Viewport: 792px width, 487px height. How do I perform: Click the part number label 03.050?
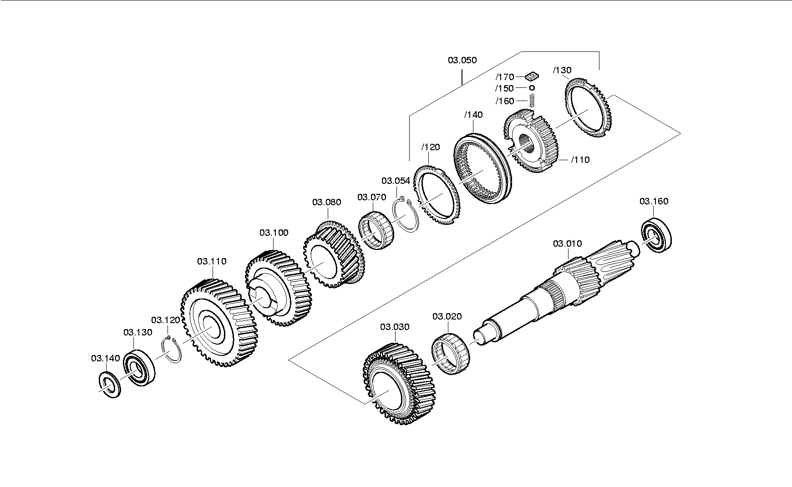pos(462,60)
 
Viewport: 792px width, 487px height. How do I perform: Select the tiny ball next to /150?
pos(532,87)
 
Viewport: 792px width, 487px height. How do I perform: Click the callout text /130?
pos(562,70)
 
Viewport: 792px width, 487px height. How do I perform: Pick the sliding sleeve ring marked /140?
pos(484,166)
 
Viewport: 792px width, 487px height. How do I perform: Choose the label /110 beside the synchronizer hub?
pos(580,160)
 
